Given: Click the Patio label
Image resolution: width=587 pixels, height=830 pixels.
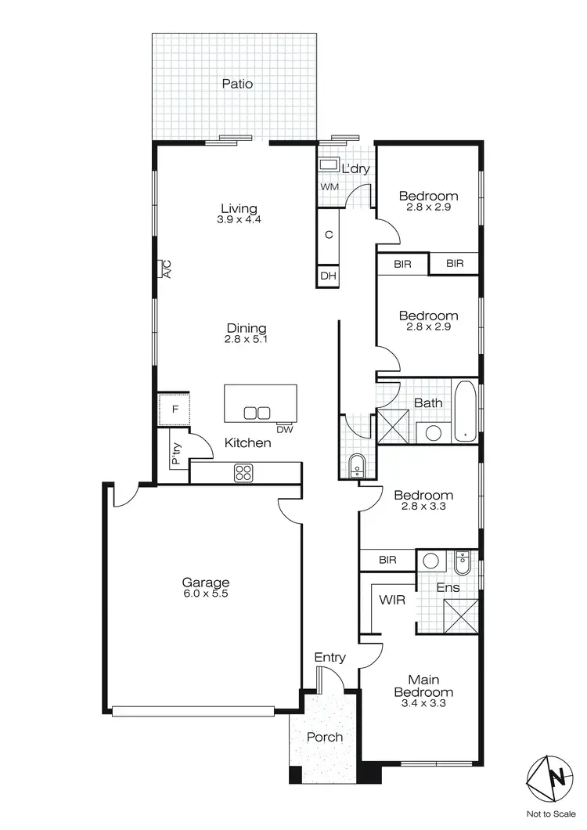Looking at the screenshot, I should pos(237,83).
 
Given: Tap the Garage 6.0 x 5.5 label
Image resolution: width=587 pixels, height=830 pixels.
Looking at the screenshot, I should pos(206,587).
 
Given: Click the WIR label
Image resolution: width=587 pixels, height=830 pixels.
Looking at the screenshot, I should pos(391,600).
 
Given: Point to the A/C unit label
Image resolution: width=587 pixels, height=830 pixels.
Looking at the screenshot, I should pos(166,270).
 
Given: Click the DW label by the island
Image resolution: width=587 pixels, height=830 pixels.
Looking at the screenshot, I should pos(285,428).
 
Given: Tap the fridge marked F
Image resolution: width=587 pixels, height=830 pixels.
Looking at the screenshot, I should pos(175,409).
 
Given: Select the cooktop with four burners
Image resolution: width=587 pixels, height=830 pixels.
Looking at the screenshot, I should pos(243,472).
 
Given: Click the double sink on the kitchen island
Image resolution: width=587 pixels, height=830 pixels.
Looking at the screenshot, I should pos(257,413).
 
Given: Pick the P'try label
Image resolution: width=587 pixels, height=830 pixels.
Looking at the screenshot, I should pos(177,455).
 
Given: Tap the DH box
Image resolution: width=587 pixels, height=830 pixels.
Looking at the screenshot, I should pos(328,276).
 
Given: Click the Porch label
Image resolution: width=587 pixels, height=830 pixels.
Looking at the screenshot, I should pos(324,737).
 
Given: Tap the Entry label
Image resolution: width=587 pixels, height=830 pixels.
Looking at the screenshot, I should pos(330,658).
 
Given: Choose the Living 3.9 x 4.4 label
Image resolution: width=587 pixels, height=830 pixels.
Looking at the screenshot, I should pos(239,214).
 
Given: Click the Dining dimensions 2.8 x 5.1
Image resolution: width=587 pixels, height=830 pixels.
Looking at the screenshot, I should pos(247,340).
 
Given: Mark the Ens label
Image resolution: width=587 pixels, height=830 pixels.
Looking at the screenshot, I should pos(448,586).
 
